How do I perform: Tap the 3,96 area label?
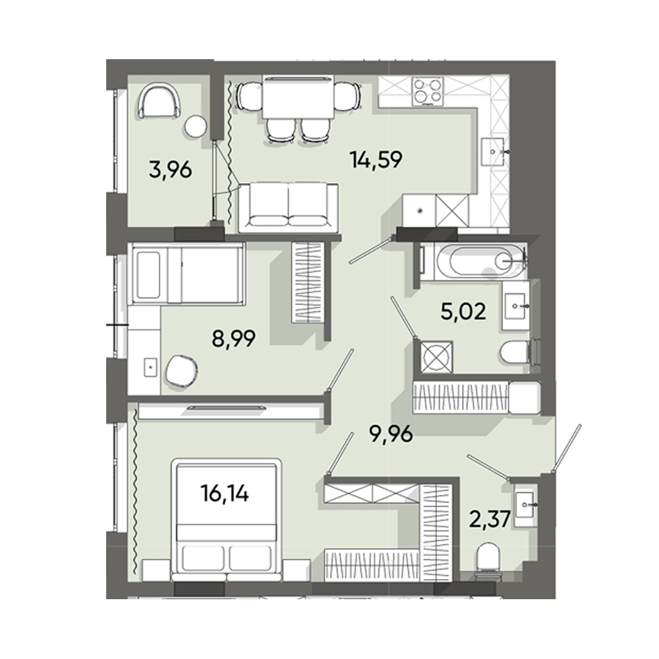[x=171, y=169]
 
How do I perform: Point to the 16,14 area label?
[x=226, y=492]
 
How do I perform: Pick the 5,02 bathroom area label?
[x=463, y=312]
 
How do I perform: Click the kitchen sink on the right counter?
[x=494, y=150]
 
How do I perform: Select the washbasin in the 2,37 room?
[x=525, y=505]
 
